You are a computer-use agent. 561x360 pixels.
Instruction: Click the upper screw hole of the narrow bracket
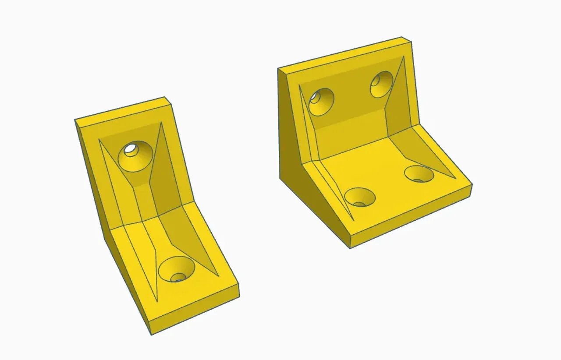pyautogui.click(x=135, y=155)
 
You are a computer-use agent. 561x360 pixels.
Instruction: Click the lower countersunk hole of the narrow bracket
pyautogui.click(x=177, y=269)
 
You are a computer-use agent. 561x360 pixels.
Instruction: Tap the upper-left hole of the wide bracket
pyautogui.click(x=321, y=102)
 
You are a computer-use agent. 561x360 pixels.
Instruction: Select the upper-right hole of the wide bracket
pyautogui.click(x=381, y=84)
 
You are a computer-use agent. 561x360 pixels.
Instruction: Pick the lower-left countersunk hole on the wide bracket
pyautogui.click(x=360, y=197)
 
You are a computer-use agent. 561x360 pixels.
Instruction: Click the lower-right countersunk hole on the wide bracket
pyautogui.click(x=419, y=174)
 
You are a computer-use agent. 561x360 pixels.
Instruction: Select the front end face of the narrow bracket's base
pyautogui.click(x=195, y=309)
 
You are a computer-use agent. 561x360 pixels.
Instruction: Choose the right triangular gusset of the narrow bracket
pyautogui.click(x=184, y=223)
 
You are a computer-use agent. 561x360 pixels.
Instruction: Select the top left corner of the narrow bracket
pyautogui.click(x=75, y=120)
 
